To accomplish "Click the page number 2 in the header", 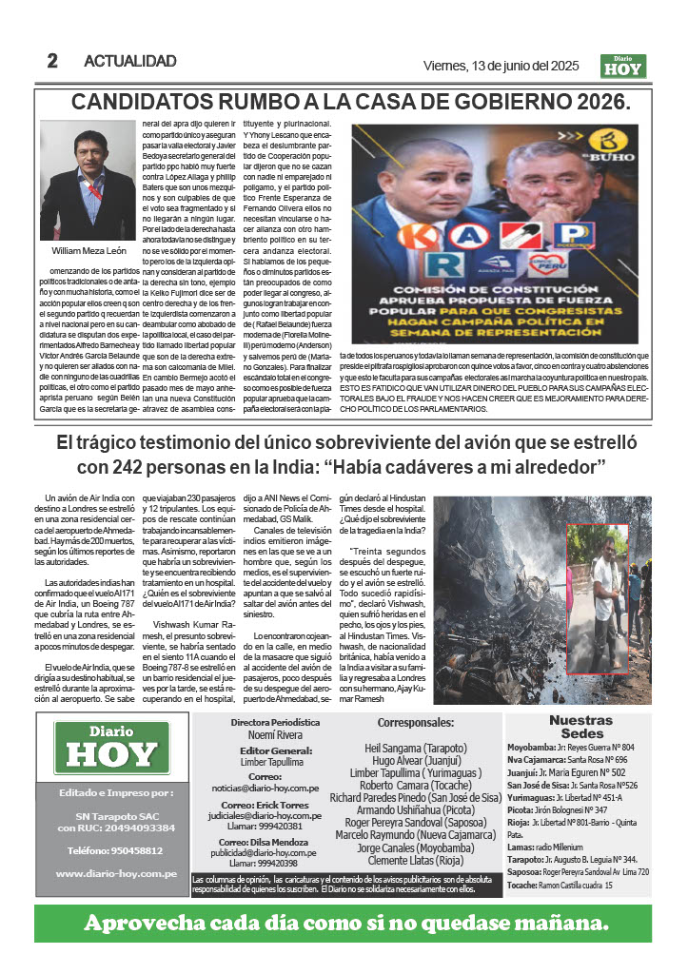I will [x=52, y=62].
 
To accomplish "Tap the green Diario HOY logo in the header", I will [x=623, y=66].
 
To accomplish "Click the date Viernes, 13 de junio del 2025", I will [x=501, y=66].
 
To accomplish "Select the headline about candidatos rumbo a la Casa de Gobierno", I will [x=351, y=102].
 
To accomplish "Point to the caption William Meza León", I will [x=87, y=251].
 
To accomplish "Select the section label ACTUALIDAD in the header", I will [x=130, y=62].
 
